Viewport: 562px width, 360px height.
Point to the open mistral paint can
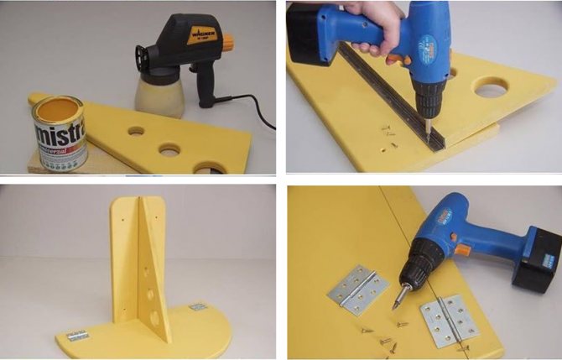[58, 130]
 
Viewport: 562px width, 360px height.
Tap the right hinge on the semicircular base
[198, 308]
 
